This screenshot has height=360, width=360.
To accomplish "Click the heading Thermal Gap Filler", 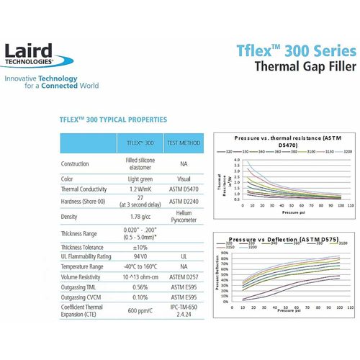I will (305, 69).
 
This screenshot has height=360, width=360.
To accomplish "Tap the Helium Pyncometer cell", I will (183, 217).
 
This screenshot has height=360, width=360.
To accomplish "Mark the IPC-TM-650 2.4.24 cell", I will (183, 311).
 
